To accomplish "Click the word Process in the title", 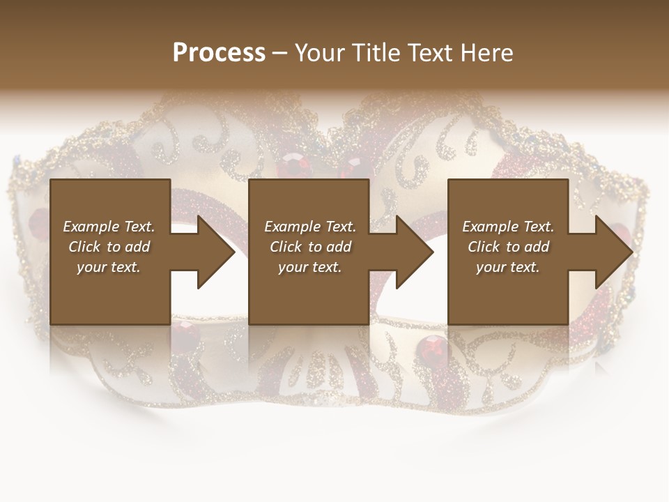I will pos(219,53).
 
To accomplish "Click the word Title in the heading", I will pos(373,53).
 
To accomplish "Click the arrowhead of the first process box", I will pos(216,252).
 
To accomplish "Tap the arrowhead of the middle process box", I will pos(415,252).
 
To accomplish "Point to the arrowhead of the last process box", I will pos(613,252).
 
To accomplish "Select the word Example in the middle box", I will pos(292,227).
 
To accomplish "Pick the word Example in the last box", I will pos(490,227).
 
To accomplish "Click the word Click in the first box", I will pos(84,247).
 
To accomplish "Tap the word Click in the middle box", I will pos(286,247).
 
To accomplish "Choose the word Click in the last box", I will pos(484,247).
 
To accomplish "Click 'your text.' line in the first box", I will pos(109,267).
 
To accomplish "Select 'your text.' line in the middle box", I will pos(310,267).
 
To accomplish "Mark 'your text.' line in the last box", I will pos(508,267).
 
